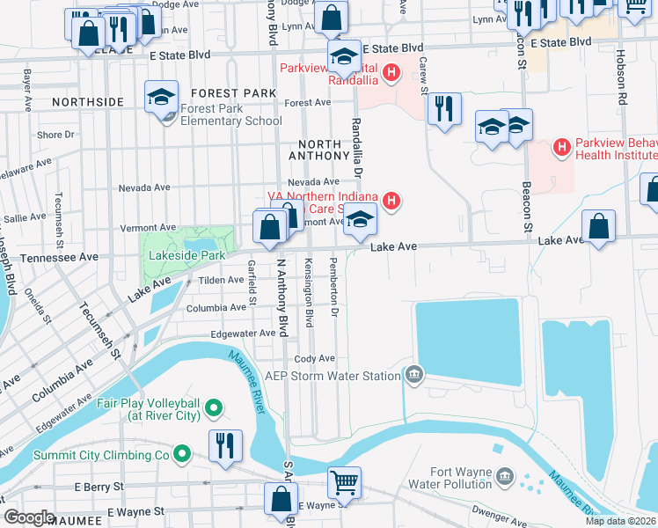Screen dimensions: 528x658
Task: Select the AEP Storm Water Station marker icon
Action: pyautogui.click(x=413, y=376)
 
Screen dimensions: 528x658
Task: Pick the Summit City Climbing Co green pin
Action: pyautogui.click(x=181, y=454)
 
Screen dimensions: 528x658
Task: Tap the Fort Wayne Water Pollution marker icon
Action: pyautogui.click(x=505, y=477)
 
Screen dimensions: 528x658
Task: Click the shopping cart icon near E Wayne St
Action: pyautogui.click(x=344, y=481)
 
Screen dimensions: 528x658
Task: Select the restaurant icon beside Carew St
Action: pyautogui.click(x=443, y=109)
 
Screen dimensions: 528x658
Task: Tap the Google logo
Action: pyautogui.click(x=29, y=517)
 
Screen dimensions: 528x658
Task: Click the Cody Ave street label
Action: pyautogui.click(x=315, y=359)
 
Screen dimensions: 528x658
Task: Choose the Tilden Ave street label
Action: pyautogui.click(x=221, y=280)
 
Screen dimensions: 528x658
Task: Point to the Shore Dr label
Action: pyautogui.click(x=55, y=135)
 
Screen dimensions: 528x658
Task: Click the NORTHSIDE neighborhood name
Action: pyautogui.click(x=88, y=102)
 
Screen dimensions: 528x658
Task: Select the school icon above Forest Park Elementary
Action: pyautogui.click(x=162, y=96)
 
